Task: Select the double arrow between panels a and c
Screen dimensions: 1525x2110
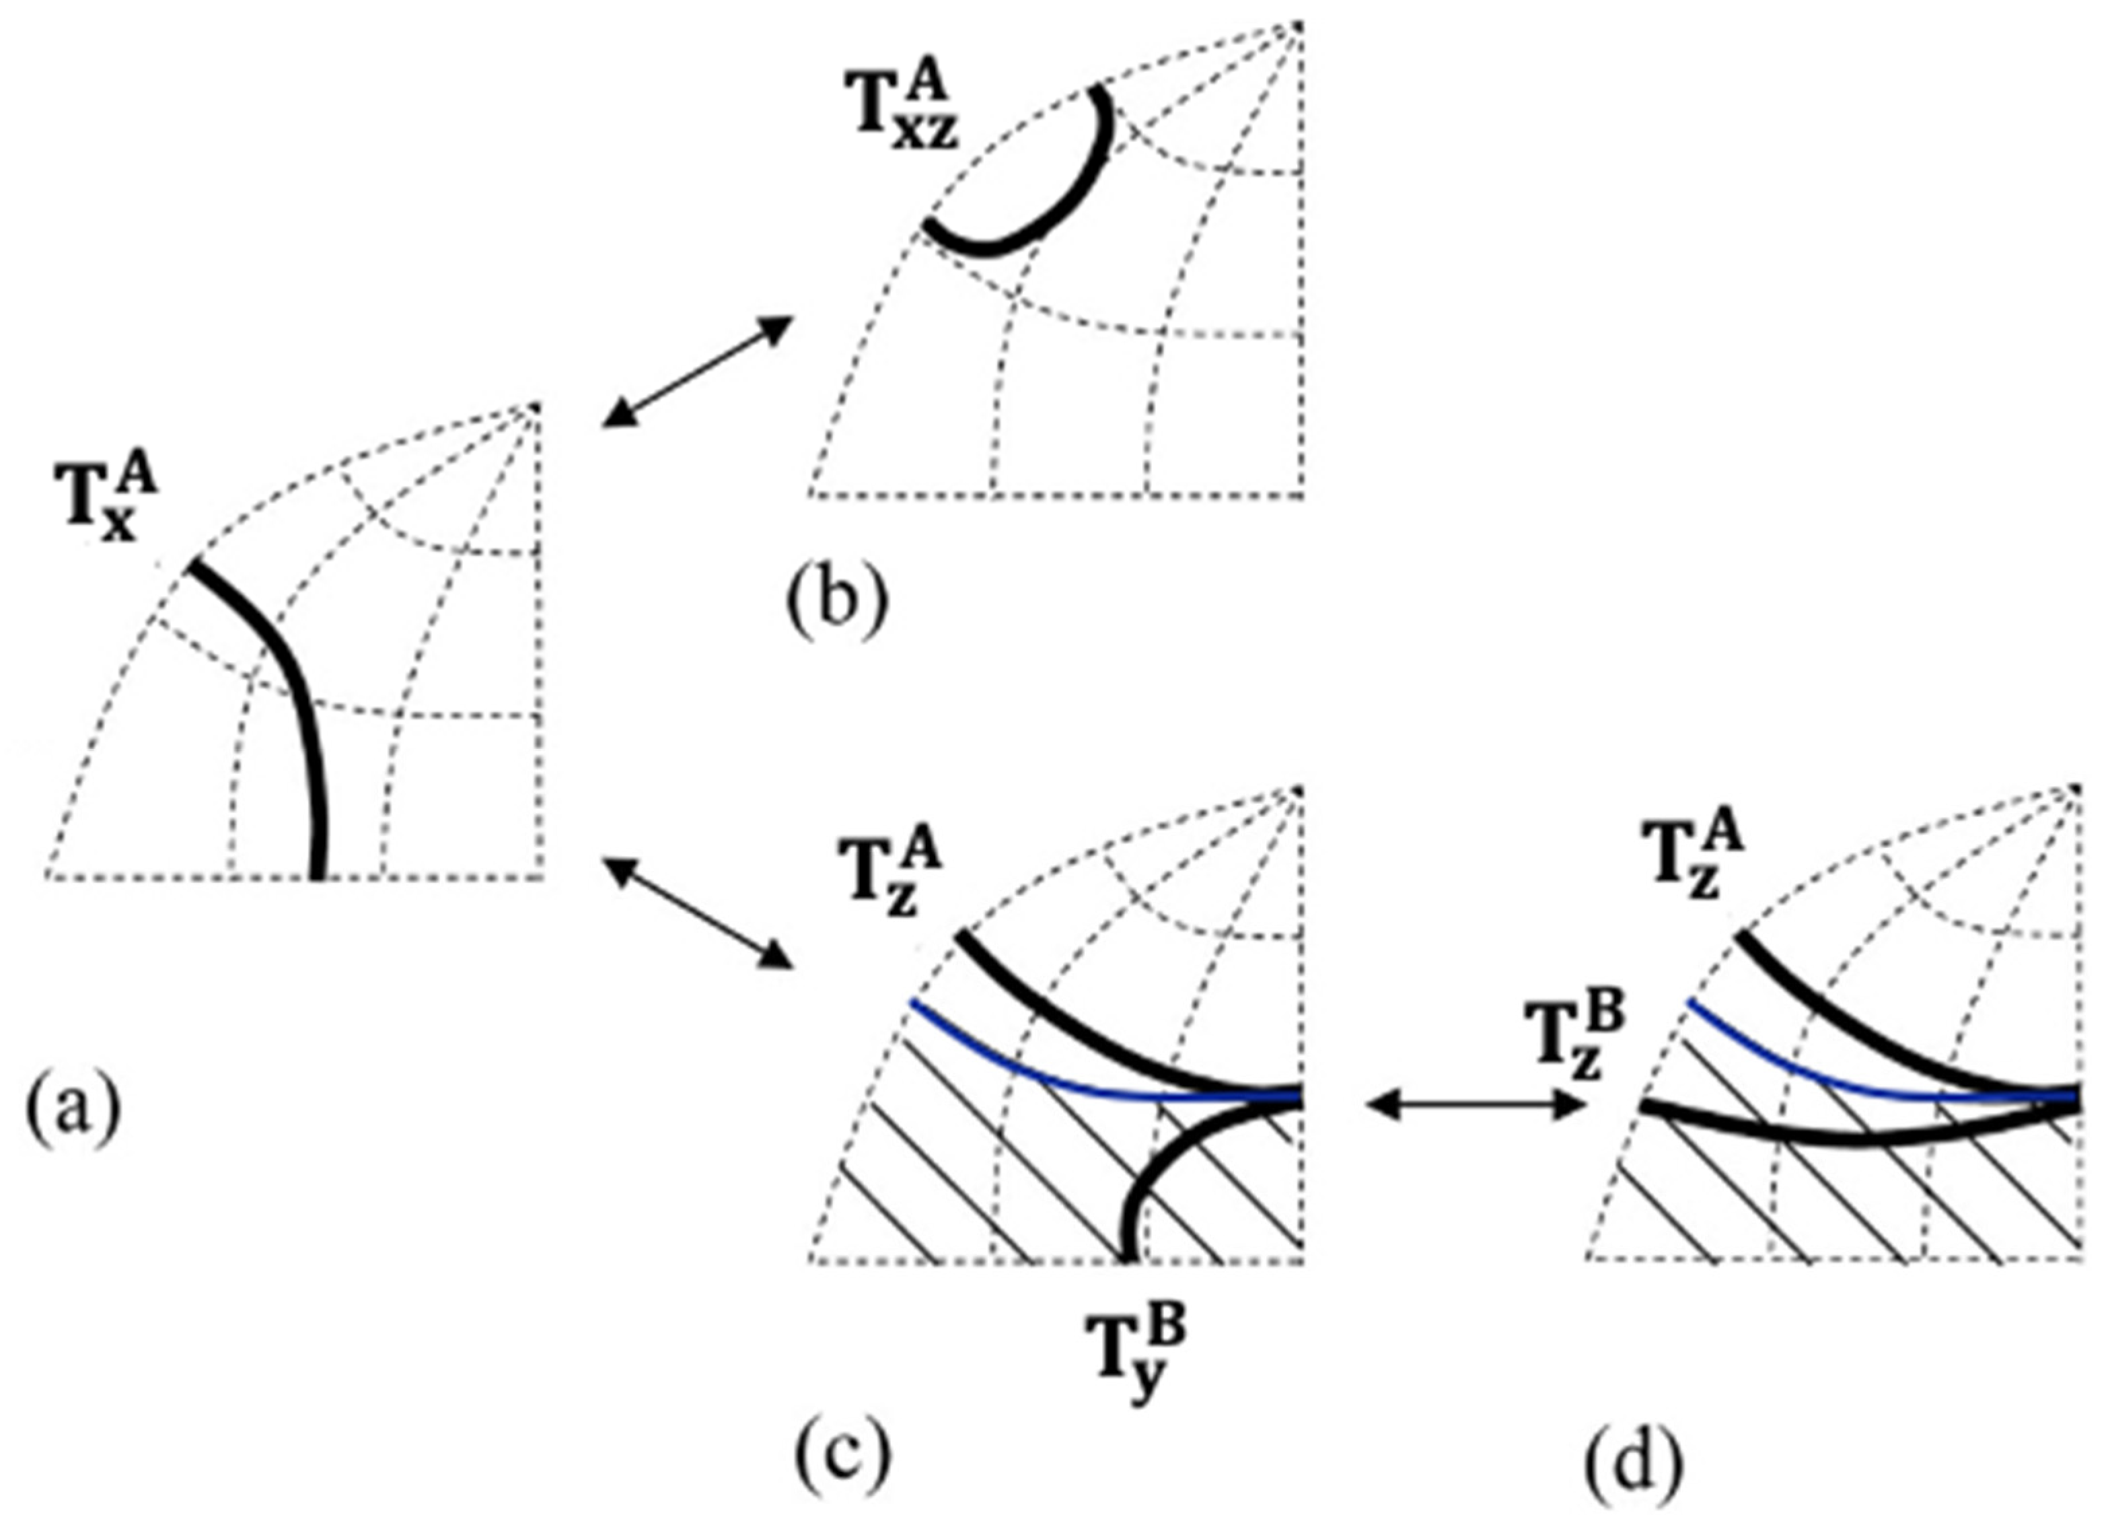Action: tap(698, 913)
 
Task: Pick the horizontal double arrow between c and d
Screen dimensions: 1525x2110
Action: tap(1476, 1105)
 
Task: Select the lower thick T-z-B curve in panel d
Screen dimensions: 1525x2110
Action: tap(1852, 1140)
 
